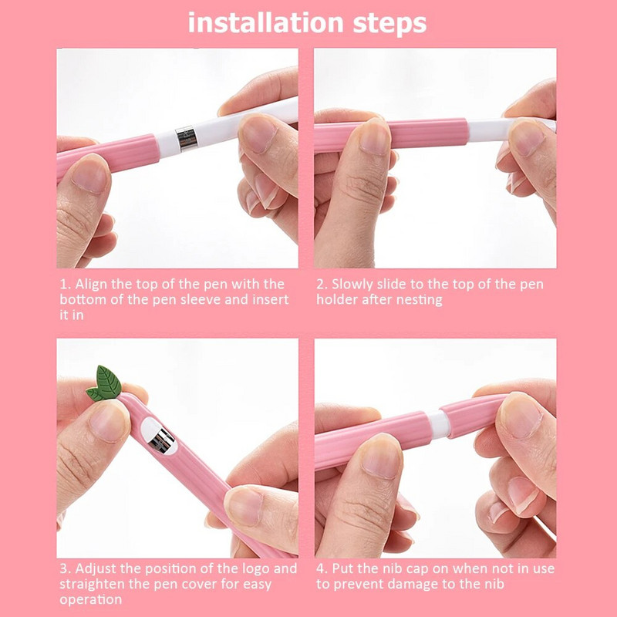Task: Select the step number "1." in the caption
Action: [65, 285]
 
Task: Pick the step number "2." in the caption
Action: [322, 285]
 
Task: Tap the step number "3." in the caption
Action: [65, 568]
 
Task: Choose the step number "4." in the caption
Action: [322, 568]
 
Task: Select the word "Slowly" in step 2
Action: [356, 285]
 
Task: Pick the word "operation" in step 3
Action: [91, 599]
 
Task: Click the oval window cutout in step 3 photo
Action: [160, 437]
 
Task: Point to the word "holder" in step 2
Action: [339, 299]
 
